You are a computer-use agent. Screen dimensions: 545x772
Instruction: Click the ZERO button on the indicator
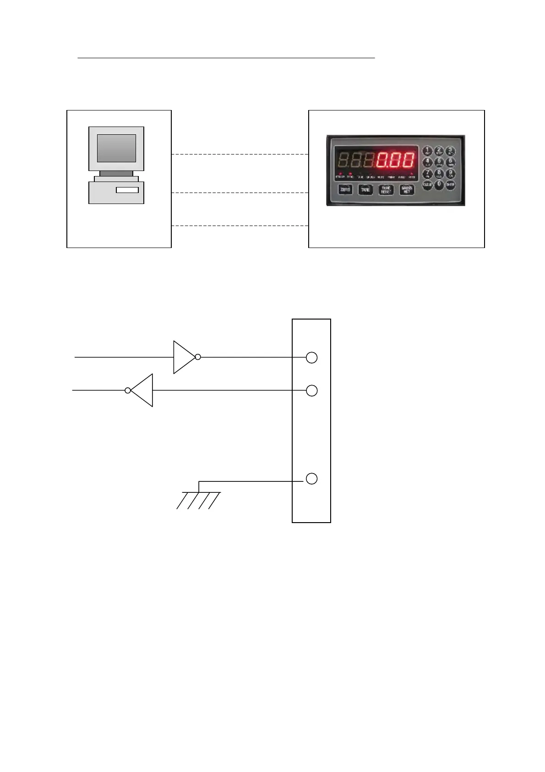[x=345, y=189]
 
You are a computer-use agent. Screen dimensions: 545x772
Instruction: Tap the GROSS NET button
[x=407, y=190]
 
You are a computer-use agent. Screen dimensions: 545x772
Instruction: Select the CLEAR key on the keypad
[x=428, y=185]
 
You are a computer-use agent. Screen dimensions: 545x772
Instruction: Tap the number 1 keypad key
[x=427, y=150]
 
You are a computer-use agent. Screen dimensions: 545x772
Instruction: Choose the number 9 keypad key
[x=451, y=173]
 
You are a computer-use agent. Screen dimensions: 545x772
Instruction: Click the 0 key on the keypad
[x=439, y=185]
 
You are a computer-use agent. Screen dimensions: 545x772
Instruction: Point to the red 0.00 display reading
[x=396, y=160]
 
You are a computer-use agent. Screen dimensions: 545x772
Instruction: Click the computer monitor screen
[x=116, y=148]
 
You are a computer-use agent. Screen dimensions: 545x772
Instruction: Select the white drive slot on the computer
[x=127, y=190]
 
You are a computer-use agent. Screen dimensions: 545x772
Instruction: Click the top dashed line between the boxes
[x=240, y=154]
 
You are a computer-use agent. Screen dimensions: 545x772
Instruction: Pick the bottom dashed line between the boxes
[x=240, y=226]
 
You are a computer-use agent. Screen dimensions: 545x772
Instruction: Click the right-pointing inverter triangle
[x=183, y=357]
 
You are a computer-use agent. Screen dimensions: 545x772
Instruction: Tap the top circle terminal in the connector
[x=311, y=358]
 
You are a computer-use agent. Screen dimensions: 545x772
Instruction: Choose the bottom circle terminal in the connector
[x=311, y=479]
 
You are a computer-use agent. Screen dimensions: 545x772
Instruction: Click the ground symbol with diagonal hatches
[x=199, y=499]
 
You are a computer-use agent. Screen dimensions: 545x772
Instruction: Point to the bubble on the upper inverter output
[x=198, y=357]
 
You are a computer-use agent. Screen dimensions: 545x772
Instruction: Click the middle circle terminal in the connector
[x=311, y=391]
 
